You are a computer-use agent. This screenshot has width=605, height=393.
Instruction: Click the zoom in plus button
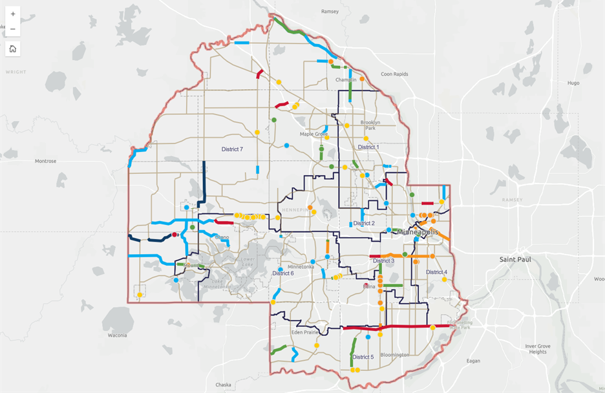click(13, 14)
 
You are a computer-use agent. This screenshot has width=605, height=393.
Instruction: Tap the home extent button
click(13, 48)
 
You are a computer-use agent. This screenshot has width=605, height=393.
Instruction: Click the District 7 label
click(232, 149)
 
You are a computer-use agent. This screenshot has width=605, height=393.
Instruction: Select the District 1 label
click(368, 147)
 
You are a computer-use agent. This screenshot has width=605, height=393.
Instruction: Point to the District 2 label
click(364, 224)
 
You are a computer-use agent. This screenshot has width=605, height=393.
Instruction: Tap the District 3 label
click(383, 261)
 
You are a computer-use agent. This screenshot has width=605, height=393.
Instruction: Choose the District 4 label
click(436, 272)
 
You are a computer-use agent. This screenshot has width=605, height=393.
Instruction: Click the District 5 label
click(363, 357)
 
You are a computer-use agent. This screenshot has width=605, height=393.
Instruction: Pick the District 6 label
click(283, 273)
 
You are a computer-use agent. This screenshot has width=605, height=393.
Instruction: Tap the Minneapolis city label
click(417, 231)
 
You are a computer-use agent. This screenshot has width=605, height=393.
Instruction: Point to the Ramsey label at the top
click(330, 12)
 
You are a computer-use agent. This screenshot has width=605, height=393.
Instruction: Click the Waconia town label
click(116, 335)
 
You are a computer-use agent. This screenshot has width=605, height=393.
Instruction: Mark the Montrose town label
click(46, 161)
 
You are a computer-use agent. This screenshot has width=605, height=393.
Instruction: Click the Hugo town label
click(573, 83)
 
